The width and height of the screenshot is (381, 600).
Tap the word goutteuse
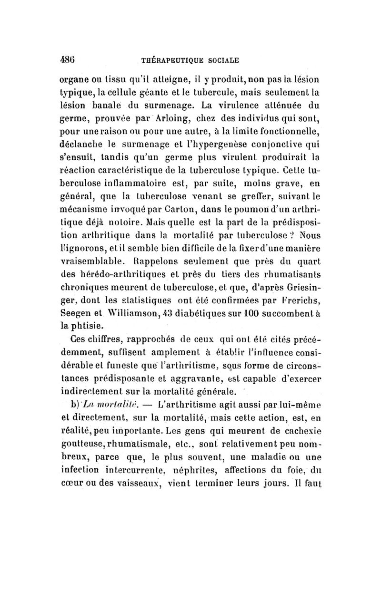[84, 444]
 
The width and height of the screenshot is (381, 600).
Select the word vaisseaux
[135, 483]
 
